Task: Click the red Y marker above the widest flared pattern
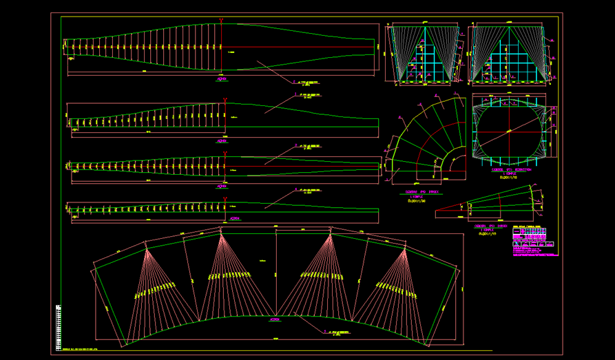pyautogui.click(x=221, y=21)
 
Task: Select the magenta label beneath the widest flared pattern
pyautogui.click(x=222, y=79)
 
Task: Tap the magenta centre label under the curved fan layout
pyautogui.click(x=275, y=320)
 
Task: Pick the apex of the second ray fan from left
pyautogui.click(x=222, y=234)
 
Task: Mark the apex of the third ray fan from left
pyautogui.click(x=330, y=235)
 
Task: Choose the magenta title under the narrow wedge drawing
pyautogui.click(x=492, y=229)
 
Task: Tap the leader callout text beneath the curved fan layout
pyautogui.click(x=337, y=332)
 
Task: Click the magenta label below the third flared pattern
pyautogui.click(x=222, y=186)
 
